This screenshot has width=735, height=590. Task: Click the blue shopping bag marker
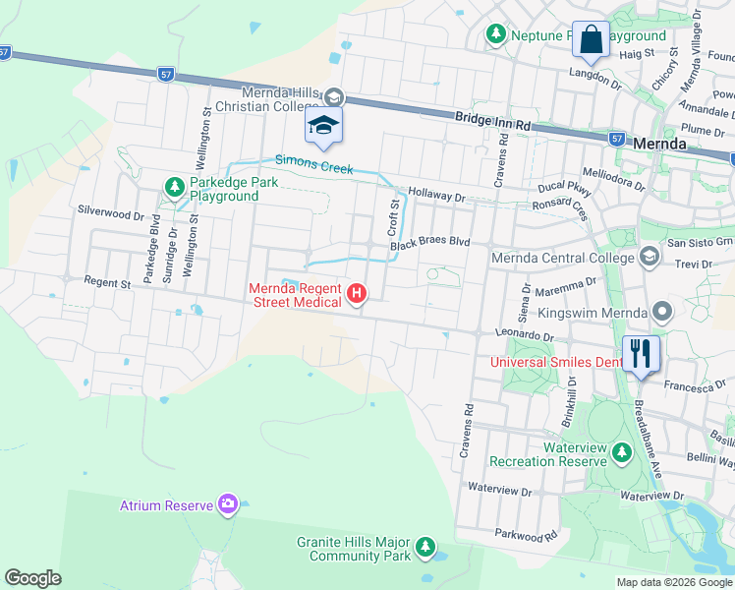pyautogui.click(x=592, y=40)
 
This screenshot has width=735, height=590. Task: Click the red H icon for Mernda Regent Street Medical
pyautogui.click(x=357, y=293)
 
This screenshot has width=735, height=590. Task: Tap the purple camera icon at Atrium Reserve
pyautogui.click(x=228, y=504)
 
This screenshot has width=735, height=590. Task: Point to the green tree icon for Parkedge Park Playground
pyautogui.click(x=174, y=185)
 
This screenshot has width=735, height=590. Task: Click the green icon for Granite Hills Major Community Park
pyautogui.click(x=424, y=546)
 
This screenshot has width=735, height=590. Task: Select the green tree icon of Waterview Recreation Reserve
pyautogui.click(x=621, y=452)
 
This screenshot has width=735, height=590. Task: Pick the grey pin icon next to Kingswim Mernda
pyautogui.click(x=662, y=313)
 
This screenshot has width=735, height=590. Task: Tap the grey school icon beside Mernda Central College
pyautogui.click(x=648, y=257)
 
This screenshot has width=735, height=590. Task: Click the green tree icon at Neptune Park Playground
pyautogui.click(x=496, y=35)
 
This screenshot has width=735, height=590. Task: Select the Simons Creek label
pyautogui.click(x=313, y=166)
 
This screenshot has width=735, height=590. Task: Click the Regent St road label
pyautogui.click(x=108, y=283)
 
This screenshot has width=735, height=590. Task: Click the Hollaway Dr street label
pyautogui.click(x=436, y=197)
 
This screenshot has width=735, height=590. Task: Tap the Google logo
pyautogui.click(x=32, y=578)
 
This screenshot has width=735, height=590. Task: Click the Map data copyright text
pyautogui.click(x=673, y=582)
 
